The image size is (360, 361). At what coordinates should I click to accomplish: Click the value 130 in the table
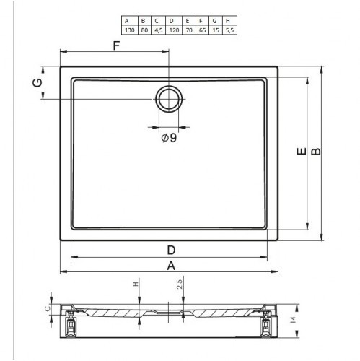(130, 30)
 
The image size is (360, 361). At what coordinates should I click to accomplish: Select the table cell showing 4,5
(159, 30)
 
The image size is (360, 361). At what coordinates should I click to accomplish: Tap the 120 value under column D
(174, 30)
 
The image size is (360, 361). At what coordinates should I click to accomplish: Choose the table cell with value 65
(203, 30)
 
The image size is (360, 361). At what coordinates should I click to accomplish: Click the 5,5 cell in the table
(229, 30)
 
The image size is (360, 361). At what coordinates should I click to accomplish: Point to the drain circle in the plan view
(169, 99)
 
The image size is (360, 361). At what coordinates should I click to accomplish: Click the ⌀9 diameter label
(169, 138)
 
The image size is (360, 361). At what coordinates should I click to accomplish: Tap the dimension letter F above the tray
(116, 45)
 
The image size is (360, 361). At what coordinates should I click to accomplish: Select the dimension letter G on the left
(38, 83)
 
